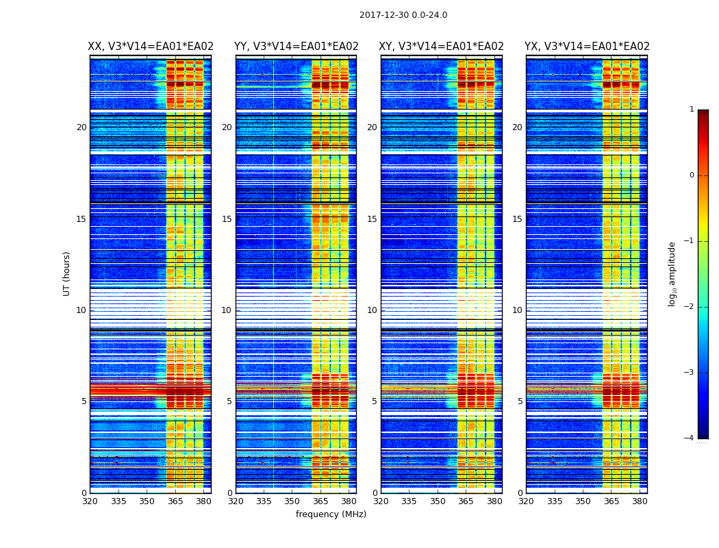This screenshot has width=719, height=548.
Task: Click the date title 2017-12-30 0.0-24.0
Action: pyautogui.click(x=403, y=15)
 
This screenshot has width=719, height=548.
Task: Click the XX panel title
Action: pyautogui.click(x=151, y=47)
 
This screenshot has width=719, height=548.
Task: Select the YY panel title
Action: pyautogui.click(x=297, y=47)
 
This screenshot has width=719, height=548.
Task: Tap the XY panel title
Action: pyautogui.click(x=442, y=47)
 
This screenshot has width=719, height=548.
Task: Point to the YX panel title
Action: pyautogui.click(x=587, y=47)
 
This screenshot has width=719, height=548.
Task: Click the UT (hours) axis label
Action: pyautogui.click(x=67, y=273)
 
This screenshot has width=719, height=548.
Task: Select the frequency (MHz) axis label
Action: pyautogui.click(x=331, y=514)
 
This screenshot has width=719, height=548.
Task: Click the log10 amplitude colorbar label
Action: pyautogui.click(x=672, y=273)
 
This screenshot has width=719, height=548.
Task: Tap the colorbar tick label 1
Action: pyautogui.click(x=692, y=110)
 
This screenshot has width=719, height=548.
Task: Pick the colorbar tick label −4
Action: pyautogui.click(x=690, y=438)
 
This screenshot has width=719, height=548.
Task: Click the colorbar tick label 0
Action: pyautogui.click(x=692, y=175)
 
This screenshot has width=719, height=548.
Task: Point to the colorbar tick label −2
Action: pyautogui.click(x=690, y=307)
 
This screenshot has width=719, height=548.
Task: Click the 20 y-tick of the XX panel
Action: pyautogui.click(x=81, y=127)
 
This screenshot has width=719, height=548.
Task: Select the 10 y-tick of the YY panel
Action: pyautogui.click(x=226, y=310)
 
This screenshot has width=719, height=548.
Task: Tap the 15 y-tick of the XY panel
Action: pyautogui.click(x=372, y=219)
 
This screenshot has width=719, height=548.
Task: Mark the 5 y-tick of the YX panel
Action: pyautogui.click(x=520, y=401)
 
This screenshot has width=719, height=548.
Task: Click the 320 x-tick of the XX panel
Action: pyautogui.click(x=90, y=501)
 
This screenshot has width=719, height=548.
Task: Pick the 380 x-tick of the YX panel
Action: pyautogui.click(x=640, y=501)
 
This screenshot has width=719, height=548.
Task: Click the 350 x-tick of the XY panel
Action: pyautogui.click(x=438, y=501)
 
